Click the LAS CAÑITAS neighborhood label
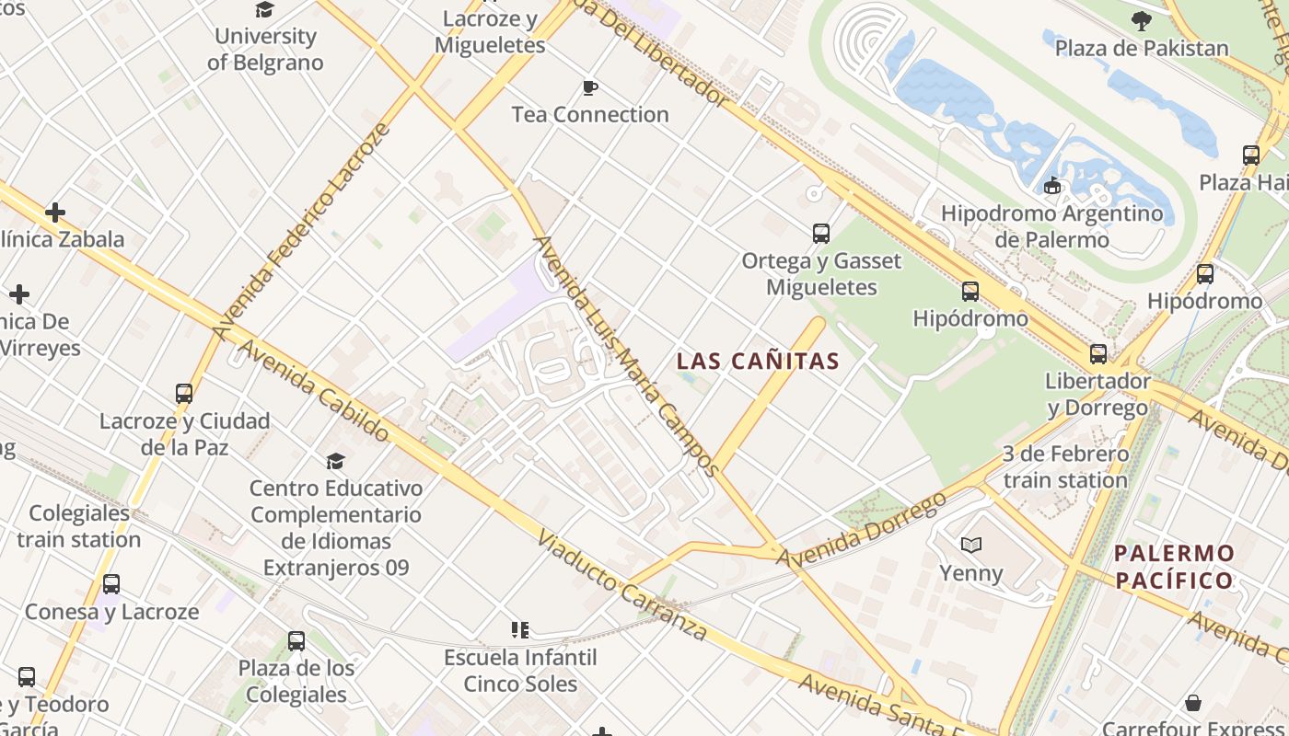(x=759, y=362)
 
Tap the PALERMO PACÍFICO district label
(x=1174, y=567)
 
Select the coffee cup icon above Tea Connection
(x=590, y=88)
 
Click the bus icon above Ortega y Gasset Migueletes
(x=821, y=234)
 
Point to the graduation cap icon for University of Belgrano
(x=265, y=10)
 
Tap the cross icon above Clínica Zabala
(x=55, y=213)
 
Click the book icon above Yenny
(x=971, y=545)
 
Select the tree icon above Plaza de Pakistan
(x=1142, y=21)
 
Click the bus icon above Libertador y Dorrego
(x=1097, y=354)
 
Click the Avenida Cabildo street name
(x=313, y=391)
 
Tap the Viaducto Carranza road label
(x=622, y=585)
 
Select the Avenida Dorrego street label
(x=862, y=529)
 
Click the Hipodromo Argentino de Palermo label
(x=1051, y=226)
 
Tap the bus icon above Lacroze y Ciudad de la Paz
(x=184, y=394)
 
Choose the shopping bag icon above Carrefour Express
(x=1193, y=704)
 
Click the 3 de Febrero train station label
(x=1065, y=466)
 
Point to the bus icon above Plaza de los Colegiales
(x=296, y=641)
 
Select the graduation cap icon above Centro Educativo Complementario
(x=335, y=461)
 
